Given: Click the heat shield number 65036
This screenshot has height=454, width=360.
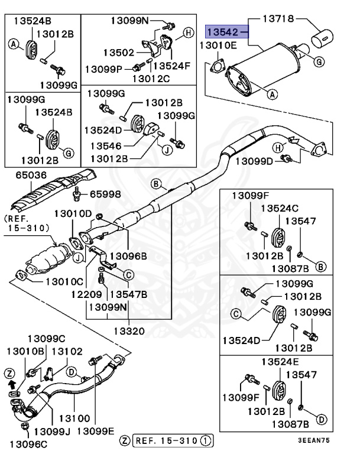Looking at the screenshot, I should [x=24, y=175].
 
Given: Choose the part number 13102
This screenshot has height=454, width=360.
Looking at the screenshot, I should [x=67, y=351].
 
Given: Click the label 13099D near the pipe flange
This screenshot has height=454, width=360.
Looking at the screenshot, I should [x=254, y=161].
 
